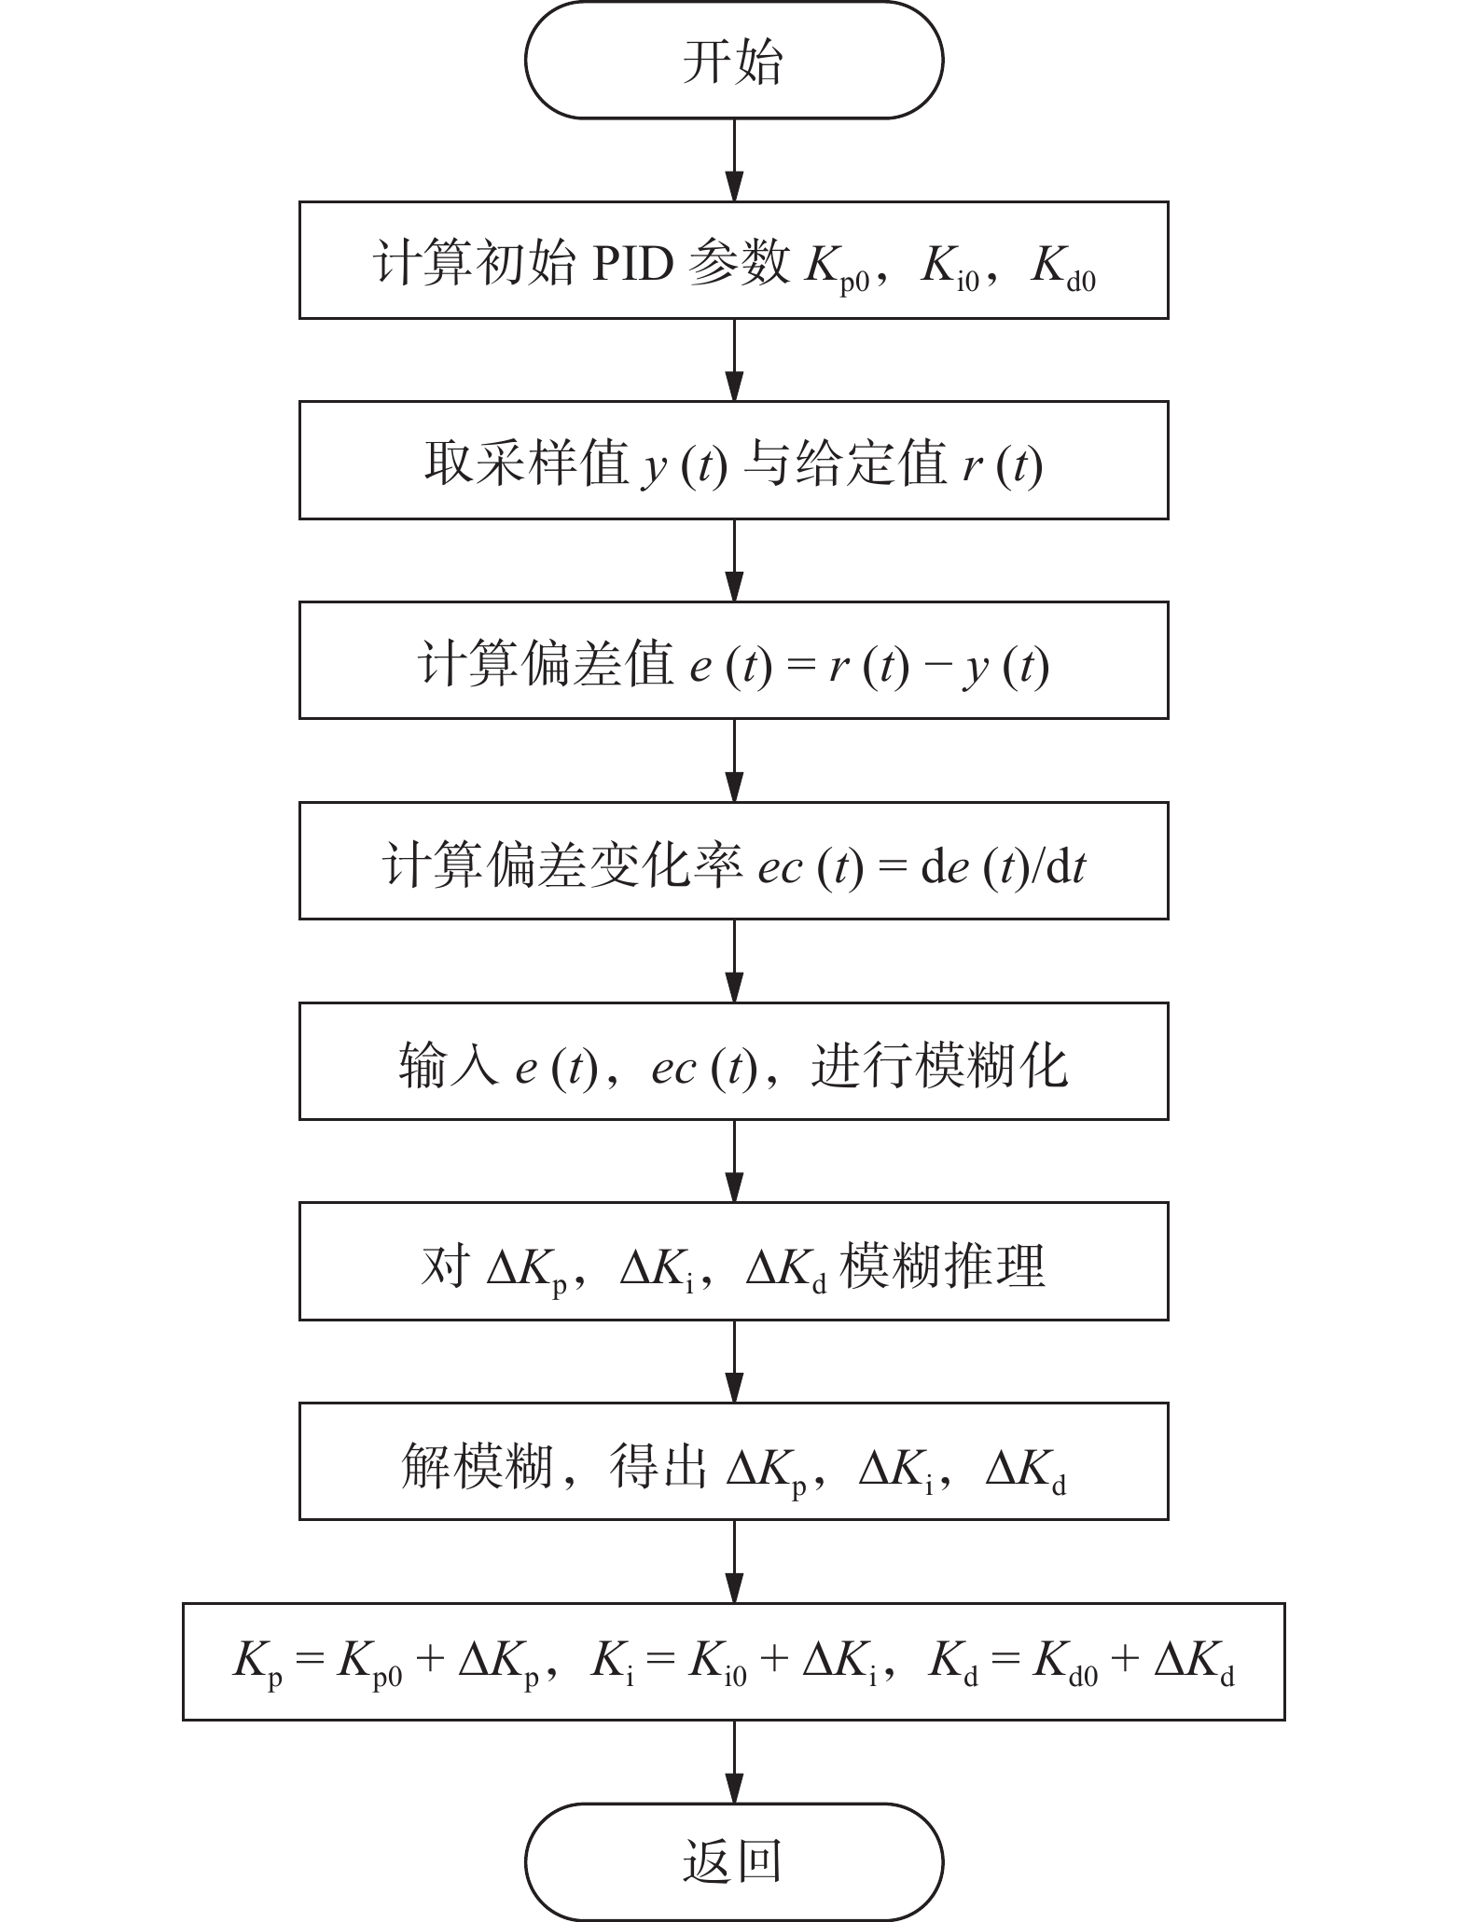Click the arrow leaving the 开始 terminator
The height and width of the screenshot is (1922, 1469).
click(735, 160)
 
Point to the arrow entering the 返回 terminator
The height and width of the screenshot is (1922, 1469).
click(735, 1762)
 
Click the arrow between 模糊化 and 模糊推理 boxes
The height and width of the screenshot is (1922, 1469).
click(735, 1161)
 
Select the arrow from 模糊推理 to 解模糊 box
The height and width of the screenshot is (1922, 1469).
click(735, 1362)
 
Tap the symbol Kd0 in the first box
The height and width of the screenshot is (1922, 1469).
click(1064, 268)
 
